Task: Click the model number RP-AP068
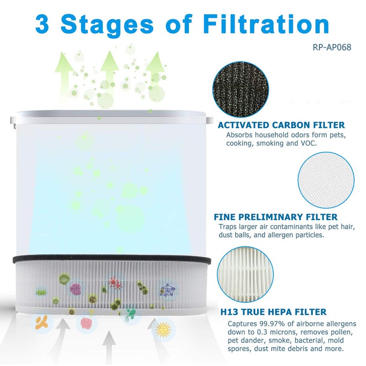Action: point(332,46)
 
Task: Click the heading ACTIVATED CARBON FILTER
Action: point(281,125)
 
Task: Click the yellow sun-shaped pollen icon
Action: point(163,329)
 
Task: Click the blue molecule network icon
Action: point(167,290)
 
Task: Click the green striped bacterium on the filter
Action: point(42,291)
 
